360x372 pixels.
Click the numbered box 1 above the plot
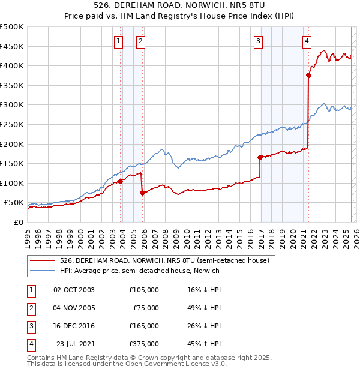pyautogui.click(x=118, y=41)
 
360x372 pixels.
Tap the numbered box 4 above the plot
pyautogui.click(x=307, y=41)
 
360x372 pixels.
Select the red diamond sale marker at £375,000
pyautogui.click(x=309, y=76)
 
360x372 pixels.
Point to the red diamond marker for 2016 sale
pyautogui.click(x=260, y=158)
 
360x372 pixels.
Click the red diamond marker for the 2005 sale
pyautogui.click(x=142, y=193)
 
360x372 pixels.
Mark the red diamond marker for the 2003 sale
pyautogui.click(x=120, y=181)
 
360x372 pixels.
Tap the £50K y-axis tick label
pyautogui.click(x=14, y=203)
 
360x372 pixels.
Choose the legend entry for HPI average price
pyautogui.click(x=139, y=271)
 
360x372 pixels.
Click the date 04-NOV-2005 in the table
pyautogui.click(x=74, y=308)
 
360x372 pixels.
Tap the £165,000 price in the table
pyautogui.click(x=144, y=326)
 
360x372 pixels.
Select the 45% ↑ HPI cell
pyautogui.click(x=205, y=344)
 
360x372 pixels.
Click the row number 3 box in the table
pyautogui.click(x=31, y=326)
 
